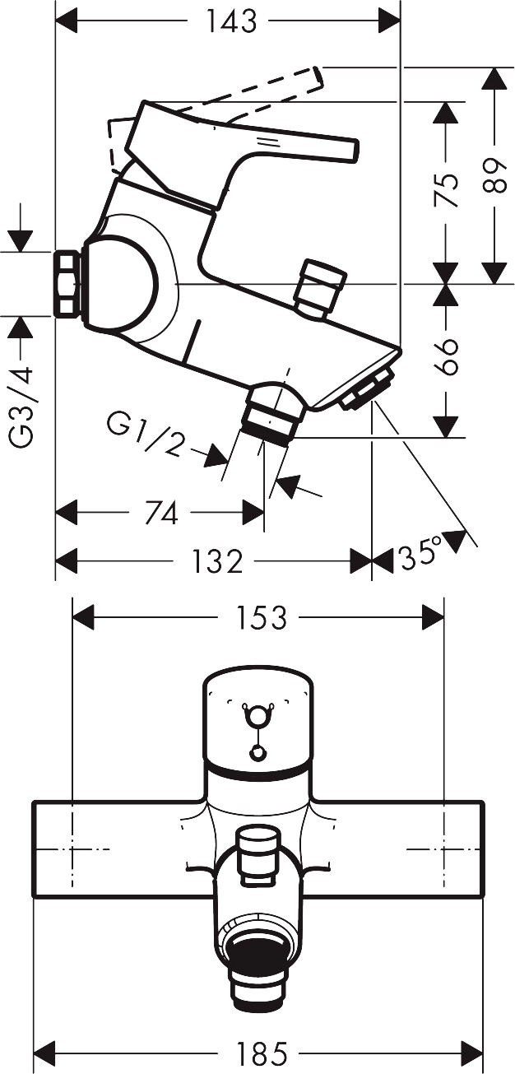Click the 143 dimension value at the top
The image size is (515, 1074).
(231, 21)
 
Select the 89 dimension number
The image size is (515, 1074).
(495, 176)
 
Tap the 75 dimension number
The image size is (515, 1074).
(446, 190)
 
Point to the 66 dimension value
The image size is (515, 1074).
(447, 356)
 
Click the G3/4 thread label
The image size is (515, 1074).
(22, 407)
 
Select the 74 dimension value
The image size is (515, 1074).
(161, 513)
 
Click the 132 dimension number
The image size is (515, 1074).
(217, 561)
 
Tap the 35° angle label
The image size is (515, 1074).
(421, 554)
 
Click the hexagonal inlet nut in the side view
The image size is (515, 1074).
(66, 284)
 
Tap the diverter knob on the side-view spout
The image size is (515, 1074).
(320, 288)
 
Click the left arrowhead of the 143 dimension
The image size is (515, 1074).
(67, 21)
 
